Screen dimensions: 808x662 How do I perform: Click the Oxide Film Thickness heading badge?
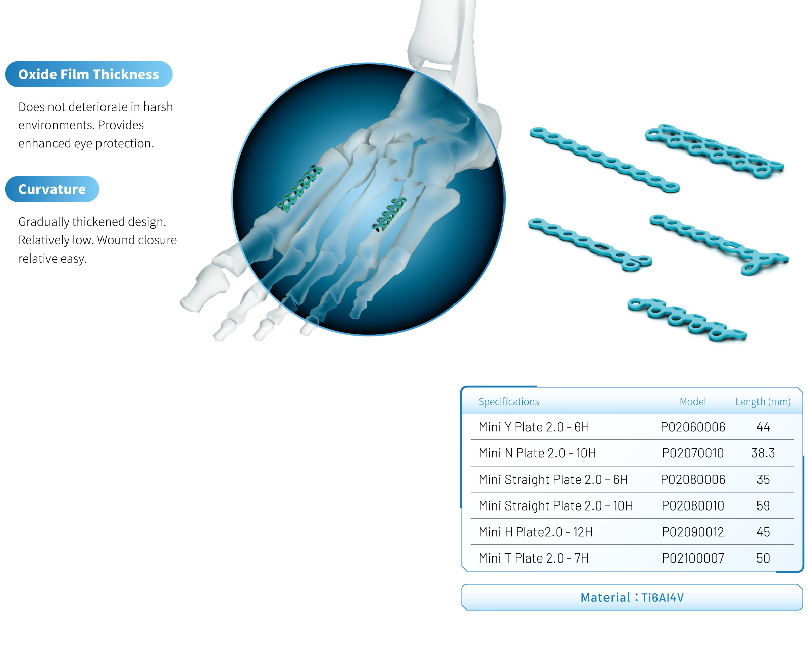coord(88,74)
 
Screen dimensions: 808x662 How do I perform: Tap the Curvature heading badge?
coord(52,189)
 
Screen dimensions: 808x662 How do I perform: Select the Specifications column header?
coord(509,401)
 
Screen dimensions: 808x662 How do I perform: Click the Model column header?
coord(692,401)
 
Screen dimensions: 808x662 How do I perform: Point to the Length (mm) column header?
coord(763,401)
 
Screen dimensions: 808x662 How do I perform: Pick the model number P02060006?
coord(692,427)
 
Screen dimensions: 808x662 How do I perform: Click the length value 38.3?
coord(763,453)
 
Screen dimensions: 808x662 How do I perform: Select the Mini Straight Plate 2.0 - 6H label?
coord(553,479)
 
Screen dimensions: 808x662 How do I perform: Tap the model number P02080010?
coord(692,505)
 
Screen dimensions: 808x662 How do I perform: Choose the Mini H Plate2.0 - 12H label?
coord(536,532)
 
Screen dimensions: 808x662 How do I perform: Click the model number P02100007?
coord(692,558)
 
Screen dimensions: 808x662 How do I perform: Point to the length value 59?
coord(763,505)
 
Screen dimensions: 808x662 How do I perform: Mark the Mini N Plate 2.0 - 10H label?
coord(537,453)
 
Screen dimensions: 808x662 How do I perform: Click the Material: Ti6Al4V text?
coord(632,597)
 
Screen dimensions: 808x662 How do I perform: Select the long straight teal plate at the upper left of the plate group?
coord(604,160)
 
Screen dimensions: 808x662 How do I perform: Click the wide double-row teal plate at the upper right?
coord(715,151)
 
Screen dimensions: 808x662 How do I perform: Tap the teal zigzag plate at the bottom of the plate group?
coord(687,320)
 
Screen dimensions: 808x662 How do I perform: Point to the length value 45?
coord(763,532)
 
